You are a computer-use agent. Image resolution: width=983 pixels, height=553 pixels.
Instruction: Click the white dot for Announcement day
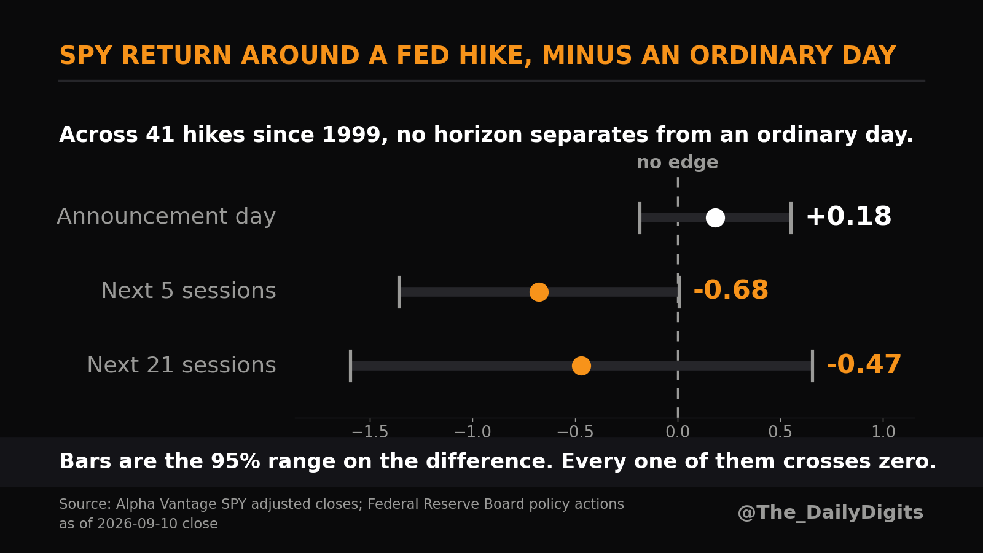click(x=715, y=218)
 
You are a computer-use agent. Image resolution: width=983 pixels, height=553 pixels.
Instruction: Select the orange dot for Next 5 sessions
click(x=539, y=292)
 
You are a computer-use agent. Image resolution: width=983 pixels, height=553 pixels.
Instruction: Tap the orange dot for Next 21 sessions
click(x=581, y=366)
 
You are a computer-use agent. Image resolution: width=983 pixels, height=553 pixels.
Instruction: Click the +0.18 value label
click(x=848, y=216)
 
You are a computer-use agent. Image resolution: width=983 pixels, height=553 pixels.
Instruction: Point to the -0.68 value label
click(x=730, y=290)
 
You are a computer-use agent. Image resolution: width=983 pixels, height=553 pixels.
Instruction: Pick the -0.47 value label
click(x=864, y=364)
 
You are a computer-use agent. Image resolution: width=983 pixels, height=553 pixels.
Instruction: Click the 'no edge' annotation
click(x=678, y=162)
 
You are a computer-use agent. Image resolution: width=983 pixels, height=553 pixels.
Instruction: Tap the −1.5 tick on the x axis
click(x=370, y=432)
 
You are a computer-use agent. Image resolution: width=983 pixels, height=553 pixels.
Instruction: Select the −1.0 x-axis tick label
click(x=472, y=432)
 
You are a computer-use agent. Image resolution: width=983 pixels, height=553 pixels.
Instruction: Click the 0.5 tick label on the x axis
click(x=780, y=432)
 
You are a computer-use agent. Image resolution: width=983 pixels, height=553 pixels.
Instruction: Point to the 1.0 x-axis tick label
click(x=883, y=432)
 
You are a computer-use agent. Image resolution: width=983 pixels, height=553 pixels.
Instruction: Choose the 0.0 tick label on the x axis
click(x=678, y=432)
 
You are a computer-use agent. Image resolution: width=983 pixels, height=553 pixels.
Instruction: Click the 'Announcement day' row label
click(x=166, y=217)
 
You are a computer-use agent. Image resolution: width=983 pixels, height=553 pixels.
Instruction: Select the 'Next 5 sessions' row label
click(x=189, y=291)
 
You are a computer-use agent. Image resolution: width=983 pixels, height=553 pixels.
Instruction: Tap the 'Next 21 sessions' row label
click(x=182, y=365)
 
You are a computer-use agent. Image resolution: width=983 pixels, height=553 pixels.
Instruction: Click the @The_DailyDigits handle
click(x=830, y=512)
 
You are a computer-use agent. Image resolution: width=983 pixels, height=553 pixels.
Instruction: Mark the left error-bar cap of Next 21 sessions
click(x=350, y=366)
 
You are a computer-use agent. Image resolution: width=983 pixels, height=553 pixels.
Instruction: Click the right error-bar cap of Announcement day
click(x=791, y=218)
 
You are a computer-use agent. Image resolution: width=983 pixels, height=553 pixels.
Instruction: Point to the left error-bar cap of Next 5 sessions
click(x=399, y=292)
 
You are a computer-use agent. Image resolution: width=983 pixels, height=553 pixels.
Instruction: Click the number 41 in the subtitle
click(x=160, y=135)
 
